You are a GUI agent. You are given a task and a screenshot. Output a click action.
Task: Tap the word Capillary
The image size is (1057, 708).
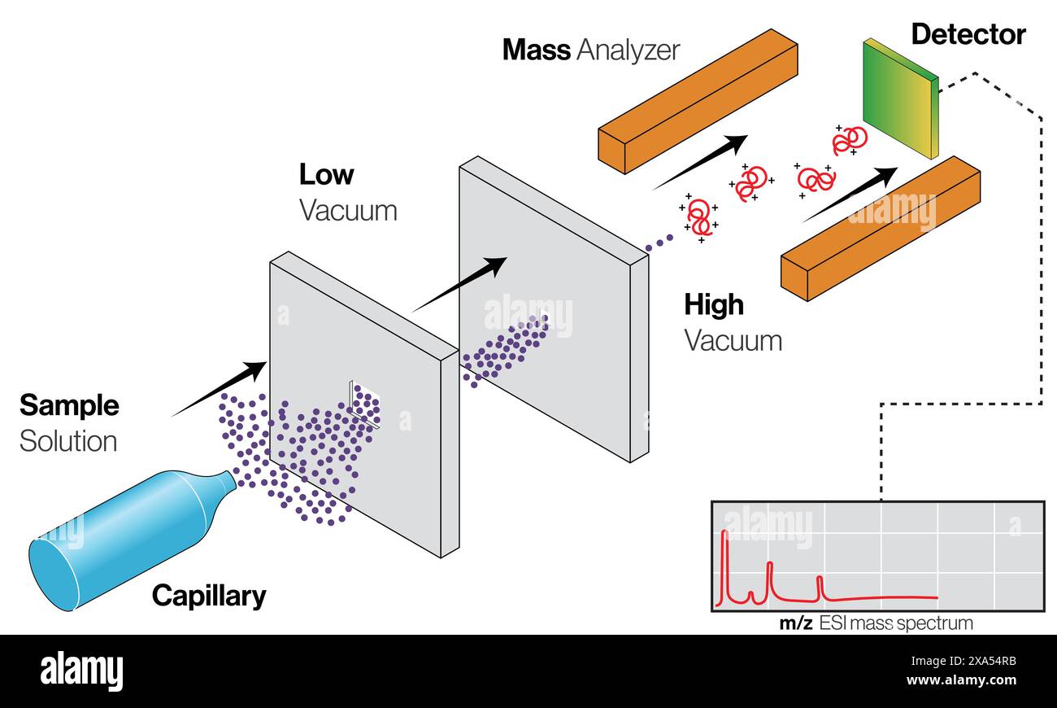[208, 596]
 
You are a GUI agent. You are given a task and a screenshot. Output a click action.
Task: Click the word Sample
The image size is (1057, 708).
[69, 405]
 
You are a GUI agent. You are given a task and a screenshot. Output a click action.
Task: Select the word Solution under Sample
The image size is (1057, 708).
[68, 441]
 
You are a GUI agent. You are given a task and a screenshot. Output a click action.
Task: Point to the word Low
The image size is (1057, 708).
[326, 175]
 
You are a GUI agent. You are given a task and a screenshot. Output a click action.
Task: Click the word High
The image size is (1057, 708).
[713, 304]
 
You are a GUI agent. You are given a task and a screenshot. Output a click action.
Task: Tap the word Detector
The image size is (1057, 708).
[968, 34]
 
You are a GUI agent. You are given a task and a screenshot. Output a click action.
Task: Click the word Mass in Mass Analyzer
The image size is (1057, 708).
[536, 50]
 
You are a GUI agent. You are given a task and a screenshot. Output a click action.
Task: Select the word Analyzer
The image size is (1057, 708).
[628, 50]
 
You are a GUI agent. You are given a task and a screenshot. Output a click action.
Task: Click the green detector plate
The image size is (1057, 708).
[899, 98]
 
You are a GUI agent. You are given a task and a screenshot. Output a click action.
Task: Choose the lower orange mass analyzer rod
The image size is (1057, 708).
[880, 228]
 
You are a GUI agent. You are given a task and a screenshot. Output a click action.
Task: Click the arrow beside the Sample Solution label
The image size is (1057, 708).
[220, 388]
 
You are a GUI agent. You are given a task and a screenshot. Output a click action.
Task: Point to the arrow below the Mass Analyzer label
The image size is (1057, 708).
[700, 161]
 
